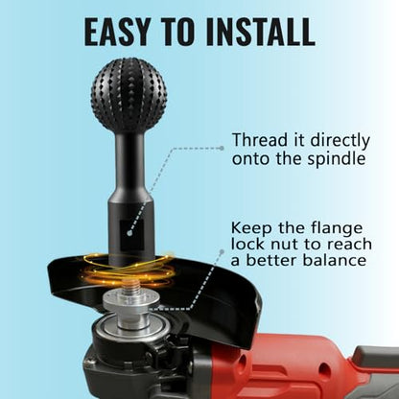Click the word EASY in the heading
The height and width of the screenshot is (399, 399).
click(117, 32)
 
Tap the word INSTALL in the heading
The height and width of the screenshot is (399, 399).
click(261, 32)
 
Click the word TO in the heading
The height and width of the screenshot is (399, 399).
click(178, 32)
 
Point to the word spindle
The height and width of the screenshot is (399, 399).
click(336, 159)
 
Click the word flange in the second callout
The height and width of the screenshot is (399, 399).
click(337, 229)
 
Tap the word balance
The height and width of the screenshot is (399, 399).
click(335, 260)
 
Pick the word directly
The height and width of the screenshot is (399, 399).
click(340, 141)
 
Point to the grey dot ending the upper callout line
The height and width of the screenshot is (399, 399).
click(221, 148)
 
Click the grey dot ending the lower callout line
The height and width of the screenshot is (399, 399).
click(221, 252)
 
